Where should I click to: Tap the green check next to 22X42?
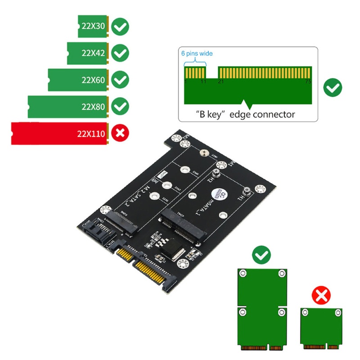[120, 53]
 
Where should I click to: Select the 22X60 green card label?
[94, 81]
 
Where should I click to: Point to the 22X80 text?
[94, 107]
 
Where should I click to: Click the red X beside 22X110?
[120, 133]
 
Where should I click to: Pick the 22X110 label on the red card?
[90, 133]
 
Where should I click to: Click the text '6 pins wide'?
[197, 54]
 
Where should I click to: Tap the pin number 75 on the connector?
[308, 81]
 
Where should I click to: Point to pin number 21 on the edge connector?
[220, 81]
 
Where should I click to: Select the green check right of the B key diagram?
[333, 87]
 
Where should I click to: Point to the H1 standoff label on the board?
[241, 196]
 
